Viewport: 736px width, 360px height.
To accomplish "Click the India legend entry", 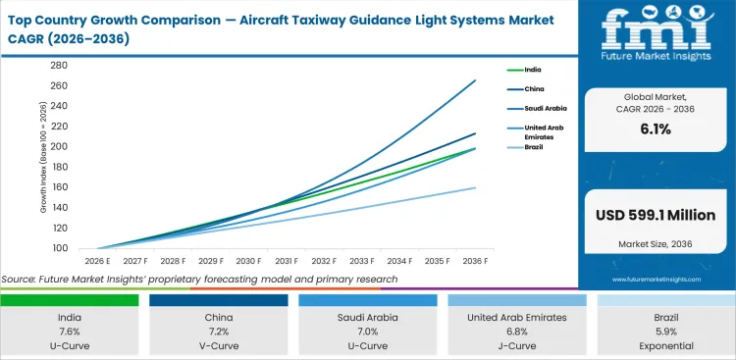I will click(533, 71).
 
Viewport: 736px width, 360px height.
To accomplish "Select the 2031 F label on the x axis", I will click(286, 262).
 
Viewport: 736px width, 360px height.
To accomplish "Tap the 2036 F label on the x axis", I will click(476, 262).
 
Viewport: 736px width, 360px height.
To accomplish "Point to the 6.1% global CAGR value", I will click(655, 129).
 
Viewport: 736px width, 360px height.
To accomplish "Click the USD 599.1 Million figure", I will click(655, 215).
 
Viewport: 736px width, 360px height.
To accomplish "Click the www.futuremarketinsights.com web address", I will click(655, 280).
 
